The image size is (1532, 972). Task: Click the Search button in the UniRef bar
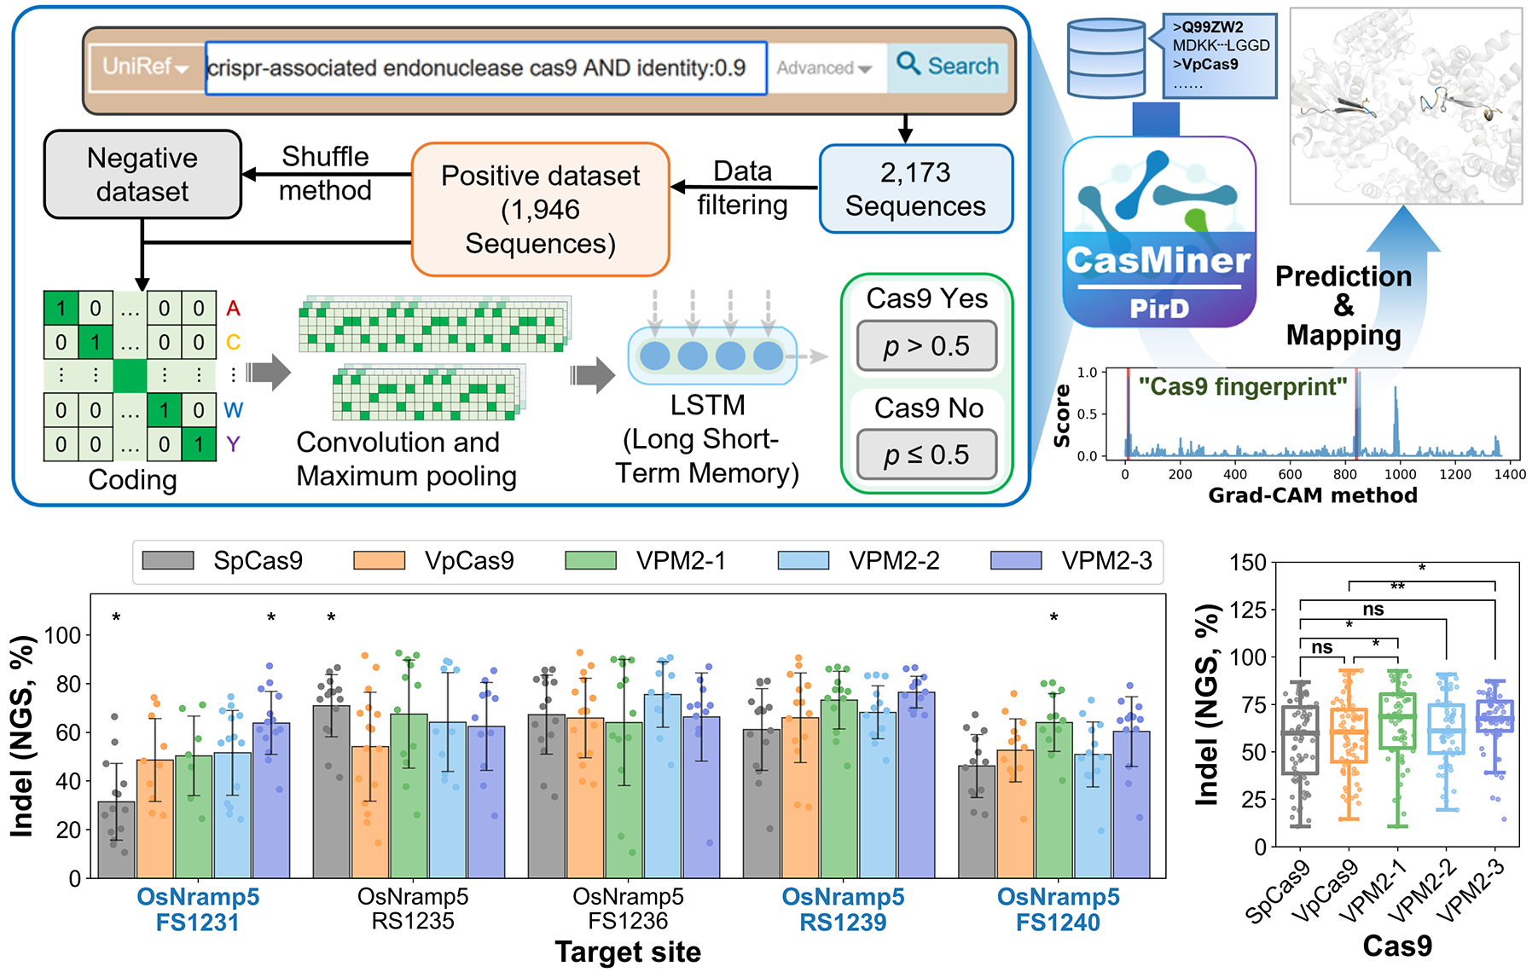948,67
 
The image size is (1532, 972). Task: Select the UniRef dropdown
146,67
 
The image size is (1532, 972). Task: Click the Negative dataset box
142,175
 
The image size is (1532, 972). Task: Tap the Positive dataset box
540,210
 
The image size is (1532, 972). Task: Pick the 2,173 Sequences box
915,189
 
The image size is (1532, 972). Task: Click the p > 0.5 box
926,346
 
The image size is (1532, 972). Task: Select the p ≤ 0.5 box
926,454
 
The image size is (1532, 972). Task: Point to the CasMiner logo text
1158,260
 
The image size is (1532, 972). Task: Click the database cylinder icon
1106,58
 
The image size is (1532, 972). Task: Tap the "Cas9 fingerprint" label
1243,387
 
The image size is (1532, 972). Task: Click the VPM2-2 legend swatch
803,561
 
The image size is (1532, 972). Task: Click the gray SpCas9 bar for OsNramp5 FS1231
116,839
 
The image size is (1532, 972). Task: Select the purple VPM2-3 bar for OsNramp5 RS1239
916,784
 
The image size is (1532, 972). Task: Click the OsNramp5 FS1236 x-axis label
628,909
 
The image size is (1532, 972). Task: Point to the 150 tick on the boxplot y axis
1248,563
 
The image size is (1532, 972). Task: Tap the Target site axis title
628,952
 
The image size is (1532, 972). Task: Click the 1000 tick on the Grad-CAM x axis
1400,475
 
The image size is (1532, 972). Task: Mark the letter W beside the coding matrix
233,410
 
